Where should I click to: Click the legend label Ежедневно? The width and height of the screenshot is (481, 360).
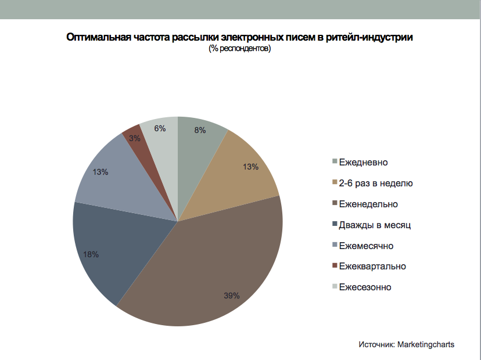pyautogui.click(x=363, y=162)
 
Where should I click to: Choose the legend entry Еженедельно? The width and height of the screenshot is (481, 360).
pyautogui.click(x=368, y=204)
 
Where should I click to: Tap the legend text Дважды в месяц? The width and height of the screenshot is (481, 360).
pyautogui.click(x=370, y=225)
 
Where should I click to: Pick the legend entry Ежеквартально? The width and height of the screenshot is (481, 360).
pyautogui.click(x=372, y=267)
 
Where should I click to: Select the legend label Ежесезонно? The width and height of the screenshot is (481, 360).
pyautogui.click(x=365, y=287)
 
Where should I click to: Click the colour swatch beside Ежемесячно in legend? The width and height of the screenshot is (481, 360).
pyautogui.click(x=334, y=246)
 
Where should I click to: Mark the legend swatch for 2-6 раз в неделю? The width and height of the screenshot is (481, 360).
pyautogui.click(x=334, y=183)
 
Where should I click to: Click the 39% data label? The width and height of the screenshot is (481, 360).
pyautogui.click(x=232, y=296)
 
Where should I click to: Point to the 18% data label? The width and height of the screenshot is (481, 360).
pyautogui.click(x=91, y=254)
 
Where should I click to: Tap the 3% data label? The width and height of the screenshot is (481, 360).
pyautogui.click(x=135, y=138)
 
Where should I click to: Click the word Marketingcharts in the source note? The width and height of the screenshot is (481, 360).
pyautogui.click(x=426, y=344)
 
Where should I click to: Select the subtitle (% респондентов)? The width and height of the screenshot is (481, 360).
pyautogui.click(x=240, y=49)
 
